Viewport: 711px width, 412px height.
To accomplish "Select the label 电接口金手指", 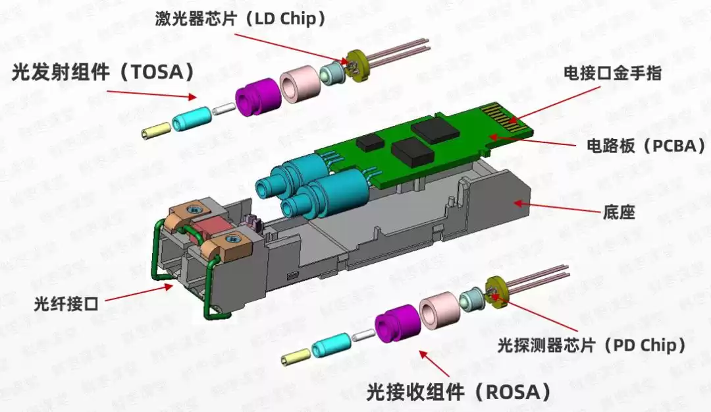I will [x=612, y=73].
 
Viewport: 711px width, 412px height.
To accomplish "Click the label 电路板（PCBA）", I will [x=645, y=145].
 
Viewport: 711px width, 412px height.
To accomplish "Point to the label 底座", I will [x=619, y=212].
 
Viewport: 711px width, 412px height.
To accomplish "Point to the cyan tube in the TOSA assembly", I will [x=191, y=119].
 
